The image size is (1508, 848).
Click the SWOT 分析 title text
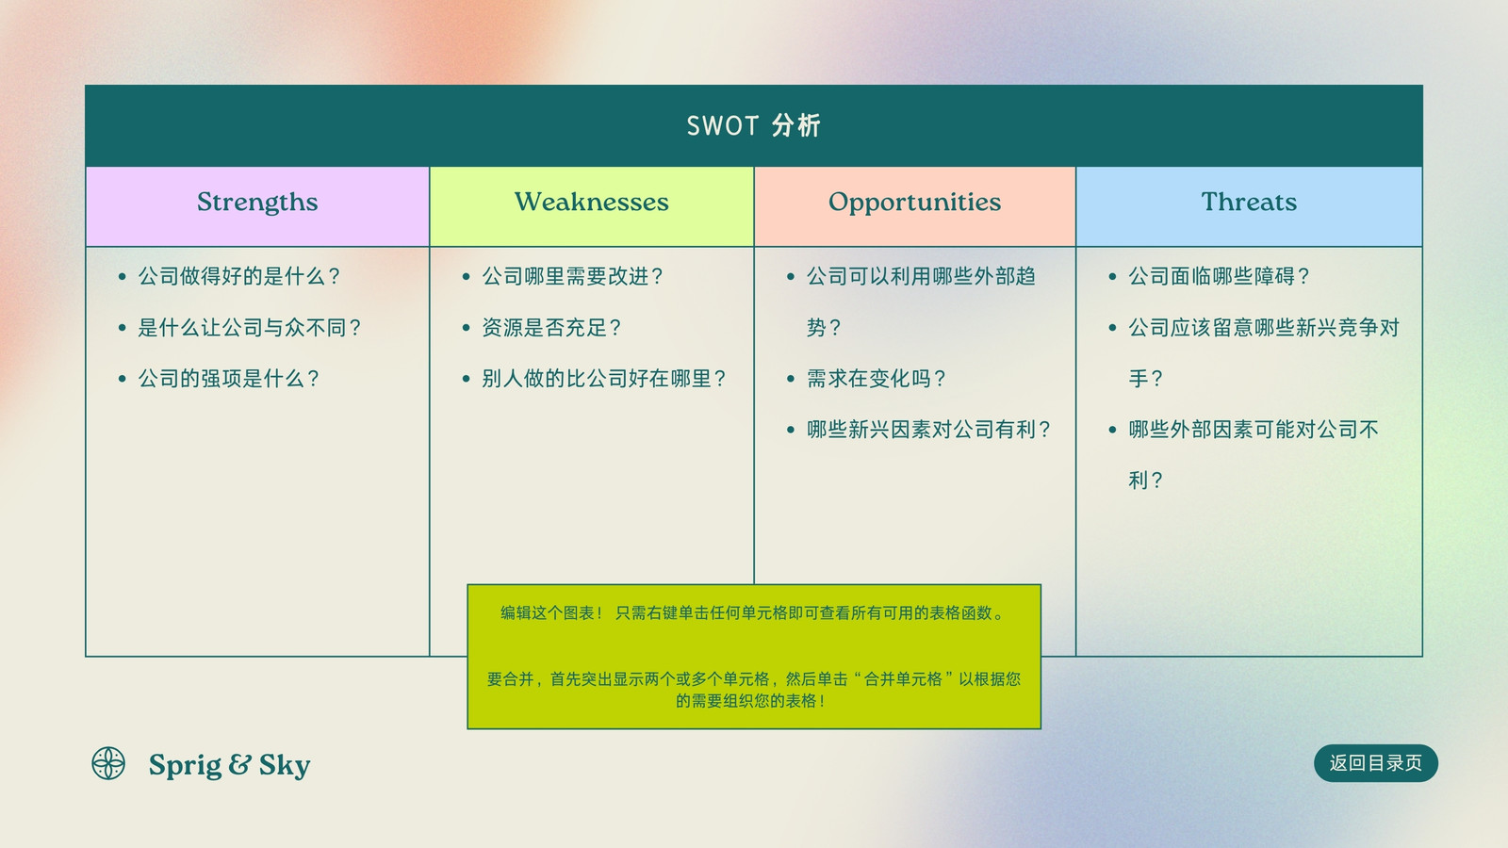point(753,126)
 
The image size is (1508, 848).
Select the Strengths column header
point(257,202)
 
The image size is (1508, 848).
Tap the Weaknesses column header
point(592,202)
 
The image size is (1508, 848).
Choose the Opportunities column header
point(914,203)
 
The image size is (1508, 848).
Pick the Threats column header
point(1249,202)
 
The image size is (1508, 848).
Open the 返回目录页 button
point(1376,763)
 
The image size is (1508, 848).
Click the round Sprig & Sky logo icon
point(108,763)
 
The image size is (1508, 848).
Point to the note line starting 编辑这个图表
point(753,613)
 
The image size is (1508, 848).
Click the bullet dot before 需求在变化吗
point(791,379)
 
